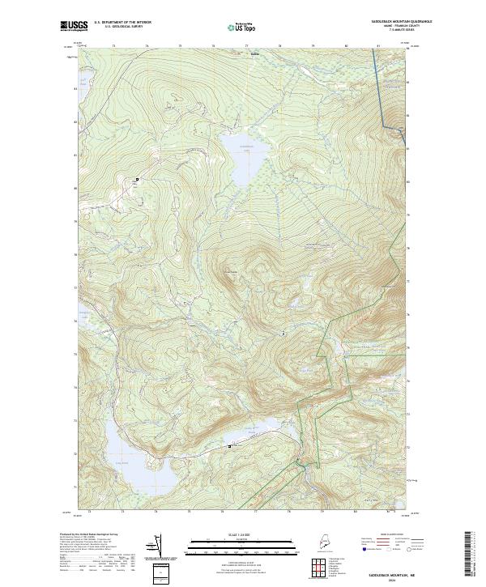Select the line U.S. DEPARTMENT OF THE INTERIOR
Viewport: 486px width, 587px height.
[x=122, y=22]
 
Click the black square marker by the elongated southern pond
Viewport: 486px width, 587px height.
[x=229, y=446]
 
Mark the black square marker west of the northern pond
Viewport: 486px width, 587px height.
[x=137, y=179]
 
